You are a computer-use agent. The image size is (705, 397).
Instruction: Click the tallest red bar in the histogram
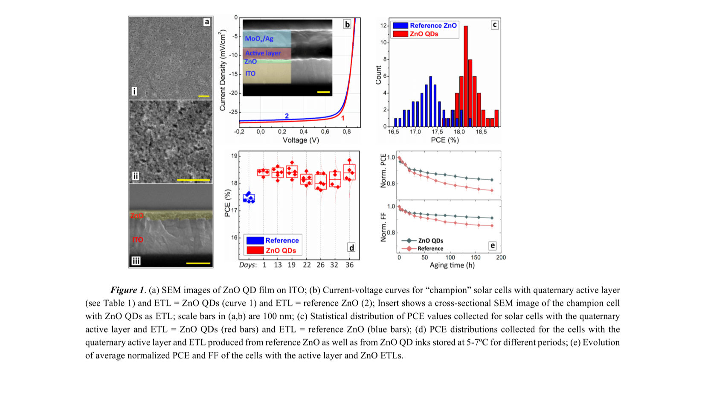[465, 77]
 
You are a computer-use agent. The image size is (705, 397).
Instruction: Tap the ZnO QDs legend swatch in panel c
[400, 34]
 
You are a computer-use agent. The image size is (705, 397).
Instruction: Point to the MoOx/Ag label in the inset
[259, 39]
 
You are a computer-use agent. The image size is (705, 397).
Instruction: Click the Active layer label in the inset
[263, 53]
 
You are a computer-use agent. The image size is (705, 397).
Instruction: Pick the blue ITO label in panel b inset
[250, 73]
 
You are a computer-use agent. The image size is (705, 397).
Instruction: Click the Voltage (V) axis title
[301, 140]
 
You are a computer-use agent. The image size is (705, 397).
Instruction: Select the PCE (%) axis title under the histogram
[444, 140]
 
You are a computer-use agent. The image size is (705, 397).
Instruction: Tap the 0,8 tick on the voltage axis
[346, 132]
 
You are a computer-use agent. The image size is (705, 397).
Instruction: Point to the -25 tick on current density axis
[234, 112]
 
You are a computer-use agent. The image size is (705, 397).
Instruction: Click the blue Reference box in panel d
[249, 198]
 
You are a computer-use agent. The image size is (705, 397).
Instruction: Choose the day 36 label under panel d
[349, 265]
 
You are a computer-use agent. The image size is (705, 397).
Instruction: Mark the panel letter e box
[493, 245]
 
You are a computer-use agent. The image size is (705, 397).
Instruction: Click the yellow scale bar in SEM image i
[204, 96]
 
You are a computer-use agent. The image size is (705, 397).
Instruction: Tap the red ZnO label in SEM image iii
[137, 216]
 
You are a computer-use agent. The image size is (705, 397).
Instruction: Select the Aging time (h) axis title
[452, 265]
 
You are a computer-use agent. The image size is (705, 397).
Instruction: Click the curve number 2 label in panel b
[287, 116]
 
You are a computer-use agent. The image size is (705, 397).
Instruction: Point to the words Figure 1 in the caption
[128, 290]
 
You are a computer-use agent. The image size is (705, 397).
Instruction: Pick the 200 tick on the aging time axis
[501, 257]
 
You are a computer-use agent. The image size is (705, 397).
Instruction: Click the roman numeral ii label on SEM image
[135, 176]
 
